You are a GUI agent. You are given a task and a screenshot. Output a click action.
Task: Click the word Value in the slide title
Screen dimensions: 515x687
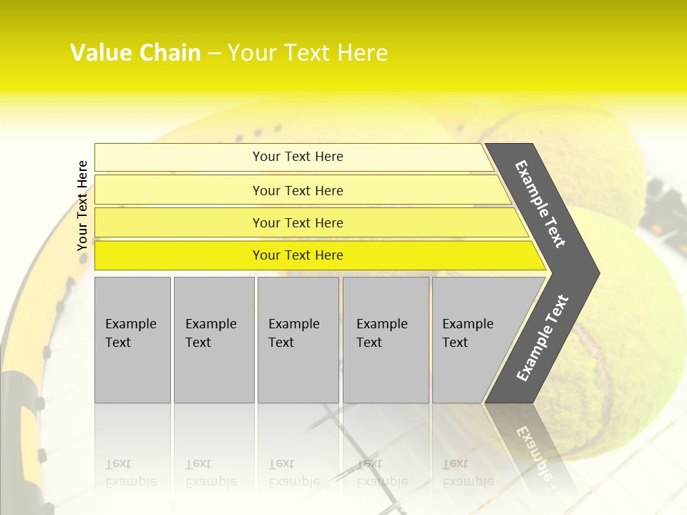(x=100, y=53)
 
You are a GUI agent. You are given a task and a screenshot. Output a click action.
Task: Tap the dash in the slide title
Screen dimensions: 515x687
(x=214, y=54)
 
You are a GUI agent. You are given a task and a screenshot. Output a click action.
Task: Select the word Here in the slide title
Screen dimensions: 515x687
(x=362, y=53)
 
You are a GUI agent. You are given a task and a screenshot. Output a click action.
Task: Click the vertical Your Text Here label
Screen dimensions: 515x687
(x=82, y=205)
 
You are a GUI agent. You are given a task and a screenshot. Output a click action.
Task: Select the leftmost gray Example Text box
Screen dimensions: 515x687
(x=132, y=340)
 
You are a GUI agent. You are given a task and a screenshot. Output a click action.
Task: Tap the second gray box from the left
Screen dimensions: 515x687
(x=213, y=340)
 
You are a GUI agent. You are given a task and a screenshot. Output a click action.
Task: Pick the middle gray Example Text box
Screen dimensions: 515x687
(x=298, y=340)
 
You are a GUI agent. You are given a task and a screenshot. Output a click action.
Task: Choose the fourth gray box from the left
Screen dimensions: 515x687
(x=386, y=340)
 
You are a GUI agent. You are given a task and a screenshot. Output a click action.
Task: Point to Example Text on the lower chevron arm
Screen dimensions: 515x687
(x=542, y=338)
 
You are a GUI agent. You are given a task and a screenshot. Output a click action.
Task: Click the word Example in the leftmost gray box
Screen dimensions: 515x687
(x=130, y=324)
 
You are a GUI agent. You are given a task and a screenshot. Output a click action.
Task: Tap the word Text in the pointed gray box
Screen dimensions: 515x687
(x=455, y=343)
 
